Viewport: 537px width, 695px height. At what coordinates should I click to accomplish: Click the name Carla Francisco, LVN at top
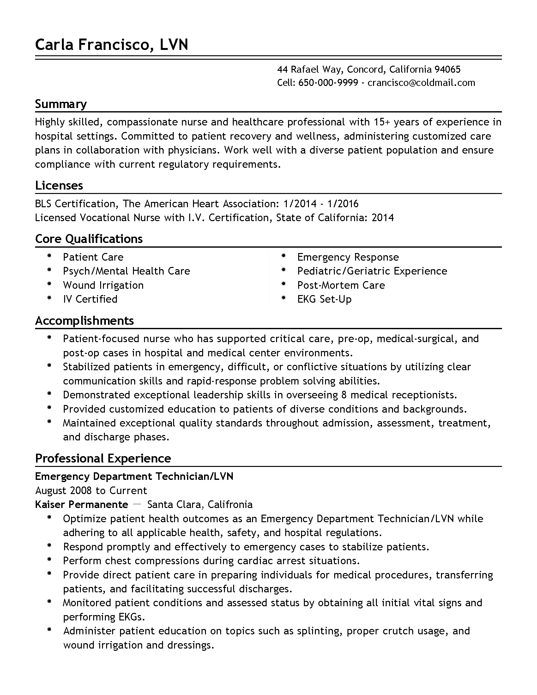click(x=111, y=45)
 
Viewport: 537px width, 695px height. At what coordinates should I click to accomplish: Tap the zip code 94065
click(x=447, y=69)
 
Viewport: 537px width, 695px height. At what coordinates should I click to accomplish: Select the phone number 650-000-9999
click(x=328, y=83)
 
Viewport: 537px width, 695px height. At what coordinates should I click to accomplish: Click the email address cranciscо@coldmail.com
click(x=421, y=83)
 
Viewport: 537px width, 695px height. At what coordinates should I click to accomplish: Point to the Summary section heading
click(x=61, y=104)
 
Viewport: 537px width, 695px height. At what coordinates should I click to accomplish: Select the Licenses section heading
click(x=59, y=185)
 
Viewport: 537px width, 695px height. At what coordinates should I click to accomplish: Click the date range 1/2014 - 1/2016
click(x=321, y=204)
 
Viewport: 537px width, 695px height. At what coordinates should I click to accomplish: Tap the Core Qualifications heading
click(x=89, y=239)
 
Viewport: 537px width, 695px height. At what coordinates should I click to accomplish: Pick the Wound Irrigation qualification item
click(x=103, y=285)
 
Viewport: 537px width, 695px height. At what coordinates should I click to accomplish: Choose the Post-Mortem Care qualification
click(x=341, y=285)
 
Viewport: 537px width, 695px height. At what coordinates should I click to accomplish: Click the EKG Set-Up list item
click(x=324, y=299)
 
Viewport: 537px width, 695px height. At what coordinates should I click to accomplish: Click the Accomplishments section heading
click(x=84, y=321)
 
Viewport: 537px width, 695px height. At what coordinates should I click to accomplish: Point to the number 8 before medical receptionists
click(x=344, y=395)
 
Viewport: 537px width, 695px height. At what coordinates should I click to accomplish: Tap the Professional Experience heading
click(x=103, y=459)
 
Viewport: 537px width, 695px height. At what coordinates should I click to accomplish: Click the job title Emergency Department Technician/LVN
click(x=134, y=476)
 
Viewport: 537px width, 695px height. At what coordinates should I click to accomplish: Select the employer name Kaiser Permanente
click(x=81, y=505)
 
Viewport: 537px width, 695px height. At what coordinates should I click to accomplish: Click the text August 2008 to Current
click(x=91, y=490)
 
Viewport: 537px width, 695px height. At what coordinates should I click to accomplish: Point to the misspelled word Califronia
click(x=230, y=505)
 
